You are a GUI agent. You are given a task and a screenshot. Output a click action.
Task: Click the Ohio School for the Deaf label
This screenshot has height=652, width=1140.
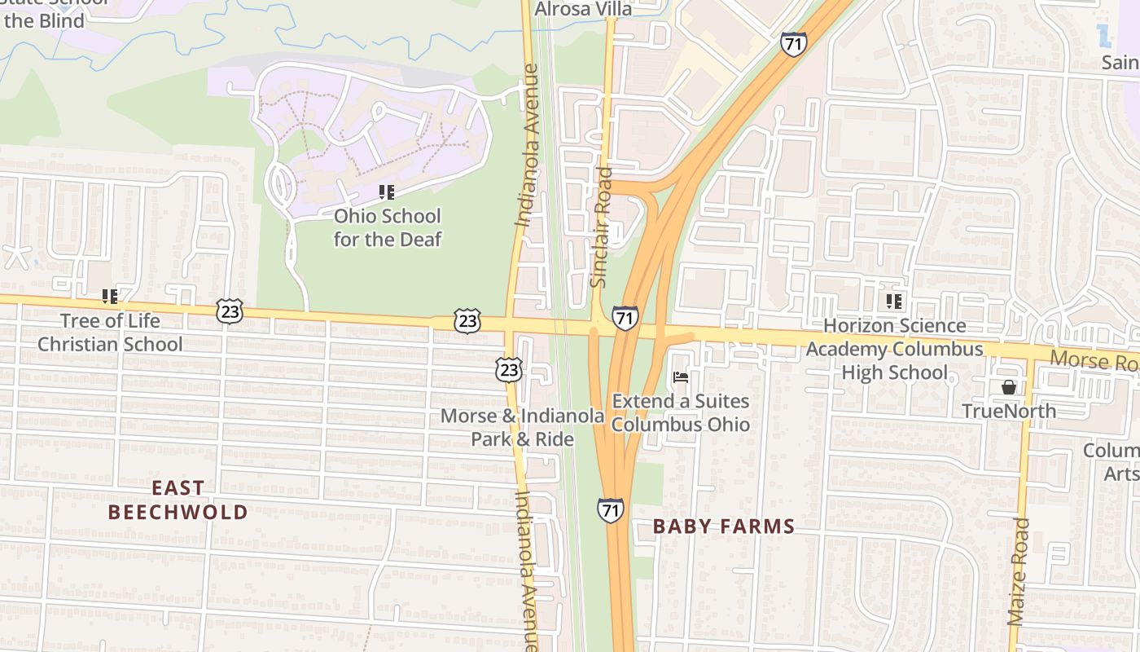coord(388,227)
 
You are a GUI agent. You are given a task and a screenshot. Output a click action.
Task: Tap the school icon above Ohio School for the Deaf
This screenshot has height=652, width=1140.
coord(387,192)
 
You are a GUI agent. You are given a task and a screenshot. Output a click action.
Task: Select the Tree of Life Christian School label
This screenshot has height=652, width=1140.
coord(110,333)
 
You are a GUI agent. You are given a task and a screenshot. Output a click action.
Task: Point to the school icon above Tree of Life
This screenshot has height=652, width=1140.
coord(110,297)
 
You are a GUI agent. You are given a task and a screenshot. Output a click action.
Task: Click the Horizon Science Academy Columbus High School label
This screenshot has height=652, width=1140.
coord(894,349)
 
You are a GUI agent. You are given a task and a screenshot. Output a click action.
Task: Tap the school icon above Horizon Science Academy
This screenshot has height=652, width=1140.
coord(894,302)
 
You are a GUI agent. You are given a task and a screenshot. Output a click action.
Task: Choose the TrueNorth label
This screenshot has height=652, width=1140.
coord(1009,411)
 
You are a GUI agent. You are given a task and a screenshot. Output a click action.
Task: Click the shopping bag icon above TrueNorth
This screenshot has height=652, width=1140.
coord(1009,387)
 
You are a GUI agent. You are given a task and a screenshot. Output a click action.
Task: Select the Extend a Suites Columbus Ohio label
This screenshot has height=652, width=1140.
coord(681,412)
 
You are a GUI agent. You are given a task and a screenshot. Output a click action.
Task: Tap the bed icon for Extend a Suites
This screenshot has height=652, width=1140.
coord(681,377)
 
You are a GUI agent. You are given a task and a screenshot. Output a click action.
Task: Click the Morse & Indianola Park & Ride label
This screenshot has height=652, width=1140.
coord(522,427)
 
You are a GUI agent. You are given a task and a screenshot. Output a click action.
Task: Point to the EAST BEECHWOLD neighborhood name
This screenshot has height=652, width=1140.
coord(178,500)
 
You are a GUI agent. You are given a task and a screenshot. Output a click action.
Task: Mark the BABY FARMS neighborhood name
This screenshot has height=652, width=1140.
coord(724,526)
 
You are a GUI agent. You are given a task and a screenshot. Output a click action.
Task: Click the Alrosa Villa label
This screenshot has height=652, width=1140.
coord(583,9)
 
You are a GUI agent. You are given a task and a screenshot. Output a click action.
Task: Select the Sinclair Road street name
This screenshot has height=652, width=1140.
coord(600,227)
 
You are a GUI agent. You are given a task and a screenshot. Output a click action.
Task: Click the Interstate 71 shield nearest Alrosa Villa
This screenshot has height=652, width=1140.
coord(793,43)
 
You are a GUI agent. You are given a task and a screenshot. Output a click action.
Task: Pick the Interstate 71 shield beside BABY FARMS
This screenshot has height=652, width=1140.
coord(610,510)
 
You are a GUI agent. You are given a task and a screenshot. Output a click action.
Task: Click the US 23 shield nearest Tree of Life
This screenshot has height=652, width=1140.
coord(230,311)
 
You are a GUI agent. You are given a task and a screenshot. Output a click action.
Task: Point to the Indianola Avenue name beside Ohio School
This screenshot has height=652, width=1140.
coord(527,145)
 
